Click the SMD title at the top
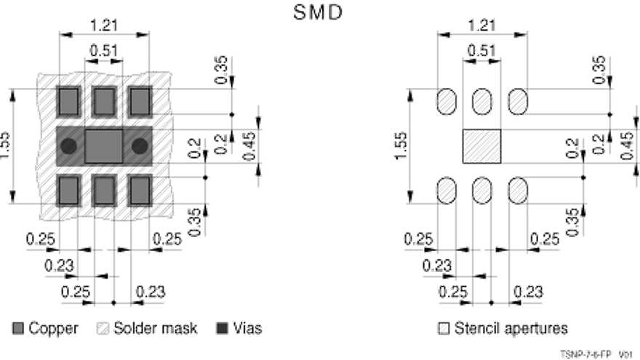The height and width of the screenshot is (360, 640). pos(318,12)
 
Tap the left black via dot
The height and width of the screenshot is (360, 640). pos(68,146)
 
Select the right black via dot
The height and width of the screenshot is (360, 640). pos(140,146)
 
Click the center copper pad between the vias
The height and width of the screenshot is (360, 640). pos(104,146)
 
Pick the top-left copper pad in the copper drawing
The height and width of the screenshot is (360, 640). pos(68,102)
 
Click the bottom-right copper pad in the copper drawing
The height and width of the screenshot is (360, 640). pos(140,191)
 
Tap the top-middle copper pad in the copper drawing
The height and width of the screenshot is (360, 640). pos(104,102)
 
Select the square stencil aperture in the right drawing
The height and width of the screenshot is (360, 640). pos(481,146)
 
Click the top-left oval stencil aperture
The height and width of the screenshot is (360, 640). pos(447,102)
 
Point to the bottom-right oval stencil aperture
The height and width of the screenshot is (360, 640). pos(518,191)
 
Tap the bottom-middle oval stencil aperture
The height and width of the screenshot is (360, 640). pos(482,191)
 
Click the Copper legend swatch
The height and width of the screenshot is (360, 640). pos(18,329)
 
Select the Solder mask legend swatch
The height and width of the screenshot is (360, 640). pos(103,329)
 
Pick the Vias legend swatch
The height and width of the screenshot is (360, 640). pos(222,329)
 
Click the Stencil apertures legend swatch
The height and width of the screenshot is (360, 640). pos(444,329)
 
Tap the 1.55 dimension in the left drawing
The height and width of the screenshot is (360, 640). pos(4,145)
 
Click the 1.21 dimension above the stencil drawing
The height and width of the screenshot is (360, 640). pos(482,25)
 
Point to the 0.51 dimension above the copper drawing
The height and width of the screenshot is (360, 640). pos(104,51)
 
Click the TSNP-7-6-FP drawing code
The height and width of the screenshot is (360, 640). pos(585,354)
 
